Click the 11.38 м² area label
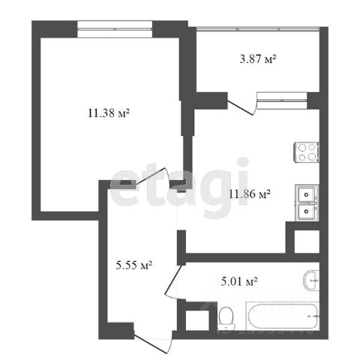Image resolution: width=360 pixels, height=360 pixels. pos(109,113)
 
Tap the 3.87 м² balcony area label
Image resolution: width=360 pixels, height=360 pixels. pos(258,59)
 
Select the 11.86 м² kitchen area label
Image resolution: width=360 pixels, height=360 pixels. pos(250,193)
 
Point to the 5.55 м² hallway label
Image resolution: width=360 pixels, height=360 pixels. pos(134,265)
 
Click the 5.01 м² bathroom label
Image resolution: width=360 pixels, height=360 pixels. pos(239,282)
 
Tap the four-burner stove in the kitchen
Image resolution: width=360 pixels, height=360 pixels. pos(307,152)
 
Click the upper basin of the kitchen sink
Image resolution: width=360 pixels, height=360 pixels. pos(306,194)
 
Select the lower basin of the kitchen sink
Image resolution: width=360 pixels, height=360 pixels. pos(306,211)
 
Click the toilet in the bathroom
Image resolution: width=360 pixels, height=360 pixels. pos(226,318)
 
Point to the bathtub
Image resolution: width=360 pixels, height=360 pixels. pos(283,316)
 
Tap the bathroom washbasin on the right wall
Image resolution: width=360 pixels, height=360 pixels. pos(311,280)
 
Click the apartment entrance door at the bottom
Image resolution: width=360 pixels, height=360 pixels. pos(153,342)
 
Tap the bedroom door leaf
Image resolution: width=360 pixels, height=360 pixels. pos(151,176)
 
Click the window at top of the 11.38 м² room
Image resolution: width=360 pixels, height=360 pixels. pos(115,29)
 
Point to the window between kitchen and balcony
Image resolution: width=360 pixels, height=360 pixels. pos(282,100)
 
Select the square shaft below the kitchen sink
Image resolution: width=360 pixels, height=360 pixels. pos(307,241)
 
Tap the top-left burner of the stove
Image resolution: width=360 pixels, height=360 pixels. pos(302,148)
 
